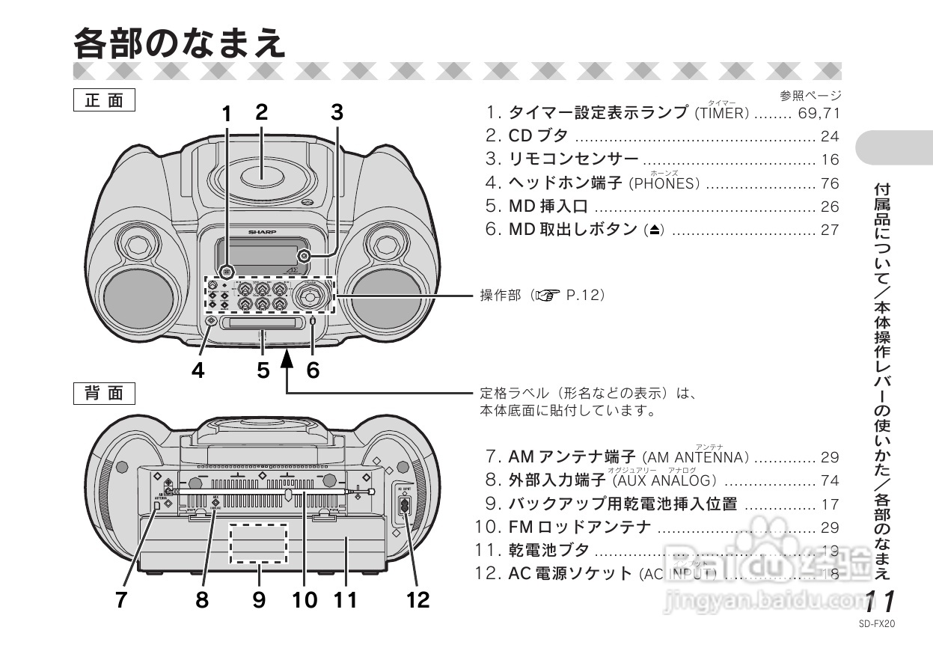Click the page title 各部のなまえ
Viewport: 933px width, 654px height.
180,43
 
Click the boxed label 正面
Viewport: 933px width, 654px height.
104,100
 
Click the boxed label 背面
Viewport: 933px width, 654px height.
104,393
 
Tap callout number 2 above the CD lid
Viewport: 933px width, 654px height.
261,112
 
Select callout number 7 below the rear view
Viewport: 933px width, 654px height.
121,599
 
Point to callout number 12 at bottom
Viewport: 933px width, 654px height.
418,599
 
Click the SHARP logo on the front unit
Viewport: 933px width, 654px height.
263,232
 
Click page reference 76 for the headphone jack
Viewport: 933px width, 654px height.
830,183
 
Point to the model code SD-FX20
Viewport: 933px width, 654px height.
878,621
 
